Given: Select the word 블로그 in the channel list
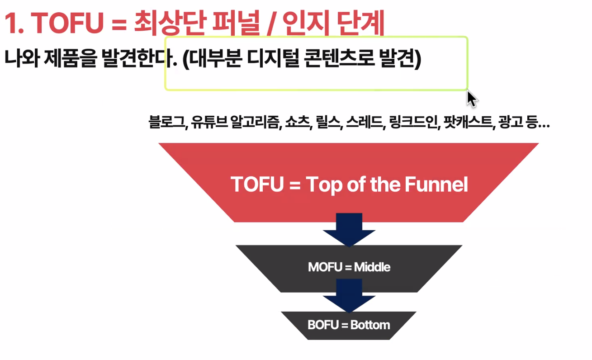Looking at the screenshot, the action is coord(166,122).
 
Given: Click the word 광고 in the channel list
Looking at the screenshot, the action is coord(511,122).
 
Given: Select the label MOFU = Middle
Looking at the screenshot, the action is coord(349,267).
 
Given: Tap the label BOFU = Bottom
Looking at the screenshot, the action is coord(349,325).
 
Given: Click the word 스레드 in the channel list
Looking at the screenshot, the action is coord(365,122).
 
